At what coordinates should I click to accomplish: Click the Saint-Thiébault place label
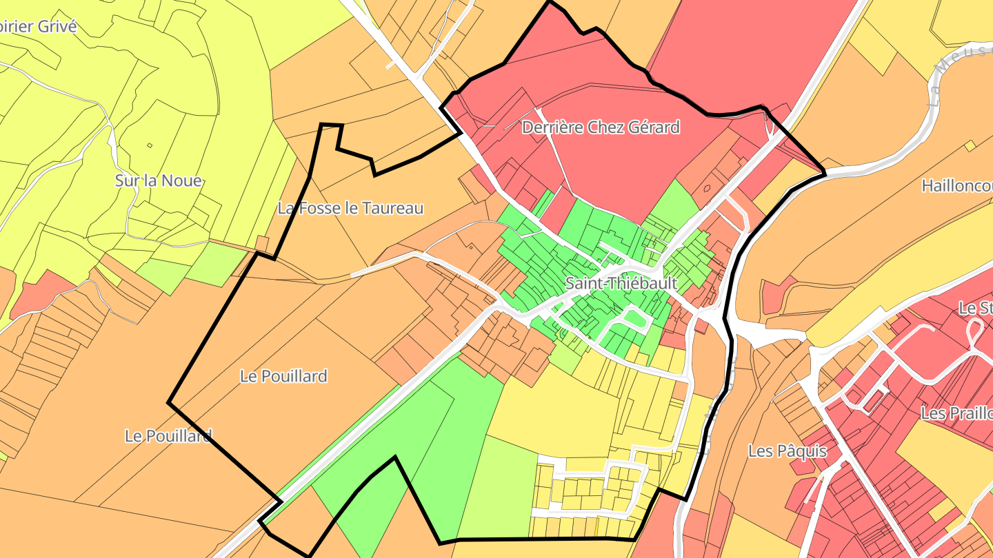pos(621,283)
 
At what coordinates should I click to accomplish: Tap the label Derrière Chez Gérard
pos(601,127)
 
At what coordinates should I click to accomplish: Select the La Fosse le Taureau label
pos(350,207)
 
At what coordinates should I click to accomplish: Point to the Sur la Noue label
pos(159,181)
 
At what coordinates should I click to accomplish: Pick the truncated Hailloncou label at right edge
pos(956,186)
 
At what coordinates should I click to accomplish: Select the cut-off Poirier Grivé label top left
pos(38,27)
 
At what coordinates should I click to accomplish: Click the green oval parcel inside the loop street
pos(635,318)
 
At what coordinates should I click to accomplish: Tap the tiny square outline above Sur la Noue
pos(150,145)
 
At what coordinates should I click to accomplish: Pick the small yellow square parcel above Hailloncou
pos(970,146)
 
